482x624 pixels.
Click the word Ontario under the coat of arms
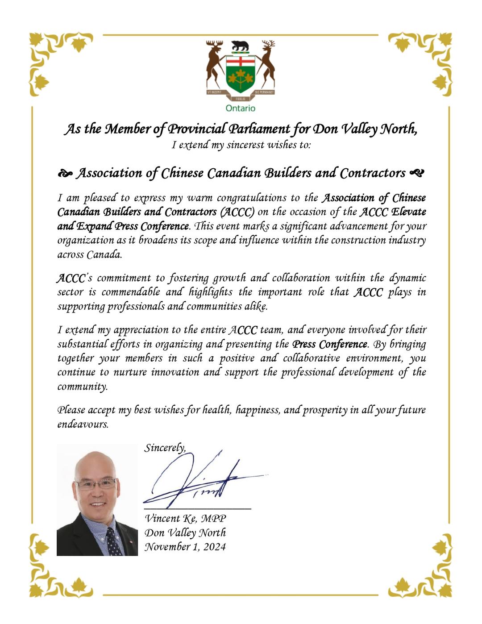[240, 108]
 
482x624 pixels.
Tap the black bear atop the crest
[240, 46]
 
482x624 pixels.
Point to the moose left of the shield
[216, 65]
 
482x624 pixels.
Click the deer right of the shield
[266, 65]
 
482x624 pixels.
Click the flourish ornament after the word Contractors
[416, 173]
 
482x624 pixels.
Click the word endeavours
[83, 424]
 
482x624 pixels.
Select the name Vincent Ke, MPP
[185, 518]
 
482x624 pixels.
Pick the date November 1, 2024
[185, 547]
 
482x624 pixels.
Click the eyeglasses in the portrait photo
[96, 483]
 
